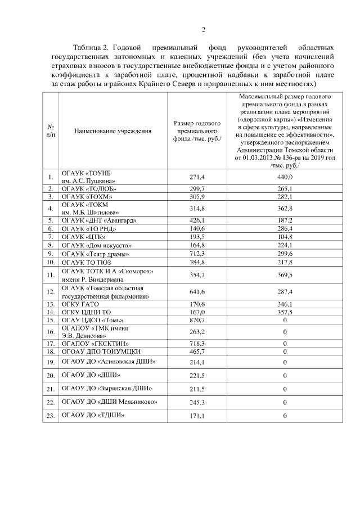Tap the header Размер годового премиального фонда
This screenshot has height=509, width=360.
pyautogui.click(x=197, y=131)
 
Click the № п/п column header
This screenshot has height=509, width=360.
pyautogui.click(x=51, y=131)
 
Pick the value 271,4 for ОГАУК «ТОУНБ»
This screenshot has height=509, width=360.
pyautogui.click(x=197, y=177)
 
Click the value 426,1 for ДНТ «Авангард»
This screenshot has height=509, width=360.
pyautogui.click(x=197, y=220)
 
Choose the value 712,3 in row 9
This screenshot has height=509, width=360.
pyautogui.click(x=197, y=253)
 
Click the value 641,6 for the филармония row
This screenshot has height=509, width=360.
pyautogui.click(x=197, y=291)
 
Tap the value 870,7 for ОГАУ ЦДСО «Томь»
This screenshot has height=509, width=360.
pyautogui.click(x=197, y=319)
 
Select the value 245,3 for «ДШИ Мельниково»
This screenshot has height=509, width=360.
pyautogui.click(x=197, y=402)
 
